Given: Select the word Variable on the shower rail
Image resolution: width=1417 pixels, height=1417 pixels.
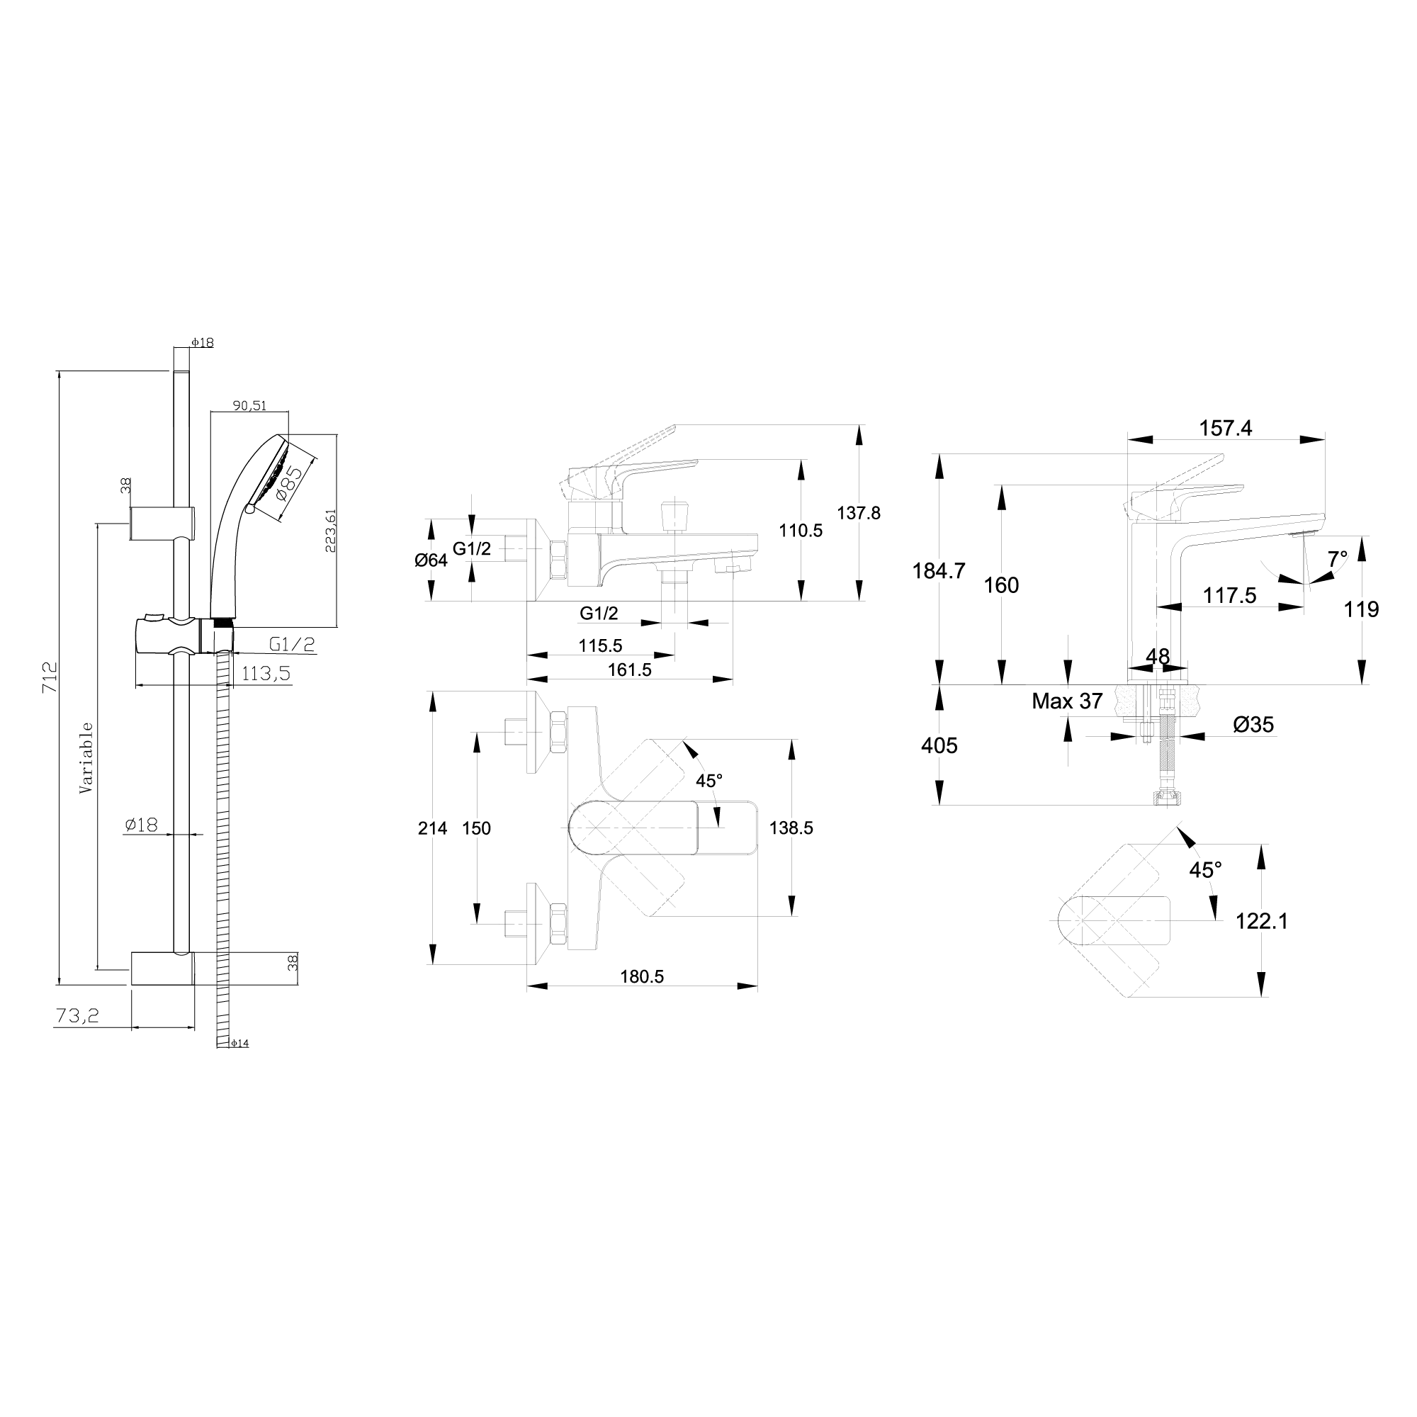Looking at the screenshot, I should (86, 758).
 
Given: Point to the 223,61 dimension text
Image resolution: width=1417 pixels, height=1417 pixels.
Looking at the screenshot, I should (331, 529).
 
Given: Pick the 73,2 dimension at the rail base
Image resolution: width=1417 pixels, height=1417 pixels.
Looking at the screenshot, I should (77, 1015).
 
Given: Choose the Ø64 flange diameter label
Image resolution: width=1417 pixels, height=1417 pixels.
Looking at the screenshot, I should (431, 560).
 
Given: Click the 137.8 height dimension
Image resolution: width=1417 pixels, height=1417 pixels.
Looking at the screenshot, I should (859, 513).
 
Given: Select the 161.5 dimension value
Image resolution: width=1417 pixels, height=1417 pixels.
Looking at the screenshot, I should (629, 670).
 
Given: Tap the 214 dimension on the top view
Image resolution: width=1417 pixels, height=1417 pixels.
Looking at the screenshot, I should (433, 828).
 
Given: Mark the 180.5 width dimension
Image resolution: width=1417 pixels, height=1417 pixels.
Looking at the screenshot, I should (642, 976).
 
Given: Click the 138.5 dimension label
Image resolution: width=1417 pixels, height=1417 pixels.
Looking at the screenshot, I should (791, 828).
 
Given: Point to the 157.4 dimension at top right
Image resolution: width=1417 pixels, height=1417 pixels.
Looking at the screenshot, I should (1226, 429).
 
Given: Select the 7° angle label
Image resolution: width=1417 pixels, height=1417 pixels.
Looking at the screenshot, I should (1337, 560).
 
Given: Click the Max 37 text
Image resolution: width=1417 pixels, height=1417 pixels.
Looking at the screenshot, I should (1067, 701).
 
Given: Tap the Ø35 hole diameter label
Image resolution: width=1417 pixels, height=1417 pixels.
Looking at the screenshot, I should (1253, 725).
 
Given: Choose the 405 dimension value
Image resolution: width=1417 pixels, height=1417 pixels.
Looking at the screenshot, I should (939, 745).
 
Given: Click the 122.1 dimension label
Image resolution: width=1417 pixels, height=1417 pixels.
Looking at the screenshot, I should (1262, 920).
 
